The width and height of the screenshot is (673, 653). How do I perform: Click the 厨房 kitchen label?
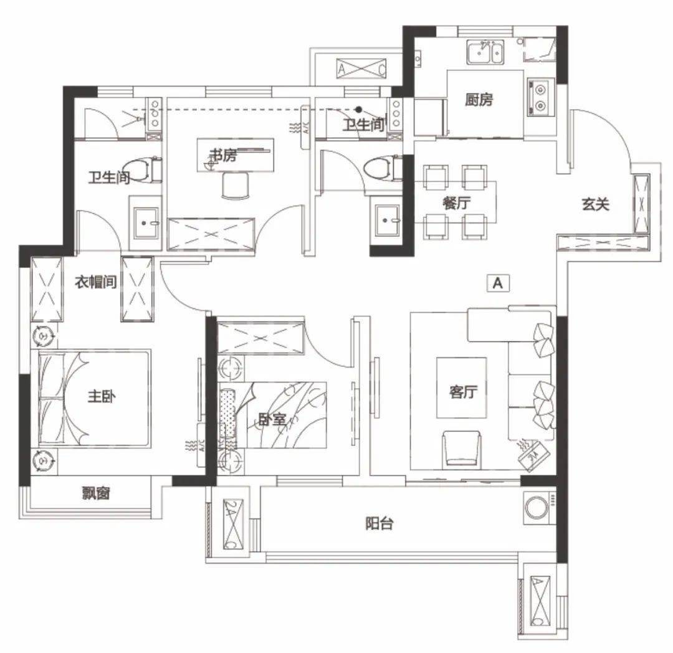point(479,100)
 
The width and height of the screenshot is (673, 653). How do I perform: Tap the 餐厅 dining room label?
point(456,203)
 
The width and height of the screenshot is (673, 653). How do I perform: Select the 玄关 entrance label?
point(595,204)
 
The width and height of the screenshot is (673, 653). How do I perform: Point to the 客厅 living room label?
point(462,391)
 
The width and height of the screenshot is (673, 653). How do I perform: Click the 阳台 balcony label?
point(379,523)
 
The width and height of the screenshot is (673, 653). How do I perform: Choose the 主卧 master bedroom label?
point(102,396)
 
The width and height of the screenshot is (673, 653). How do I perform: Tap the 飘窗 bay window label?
point(96,493)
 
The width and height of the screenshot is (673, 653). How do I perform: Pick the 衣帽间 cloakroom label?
point(96,282)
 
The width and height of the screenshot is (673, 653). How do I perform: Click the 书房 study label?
point(222,155)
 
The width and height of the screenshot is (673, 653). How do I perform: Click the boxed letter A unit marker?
point(498,283)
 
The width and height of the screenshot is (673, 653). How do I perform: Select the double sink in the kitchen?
point(485,52)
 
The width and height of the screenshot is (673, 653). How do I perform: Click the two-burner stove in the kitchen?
point(541,97)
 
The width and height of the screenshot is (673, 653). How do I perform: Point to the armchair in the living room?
point(461,449)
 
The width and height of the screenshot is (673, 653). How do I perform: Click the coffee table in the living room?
point(462,388)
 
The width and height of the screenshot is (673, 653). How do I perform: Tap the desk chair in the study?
point(235,185)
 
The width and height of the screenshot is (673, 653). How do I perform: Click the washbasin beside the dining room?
point(387,221)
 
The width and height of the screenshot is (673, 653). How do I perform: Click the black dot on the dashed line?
point(359,110)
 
